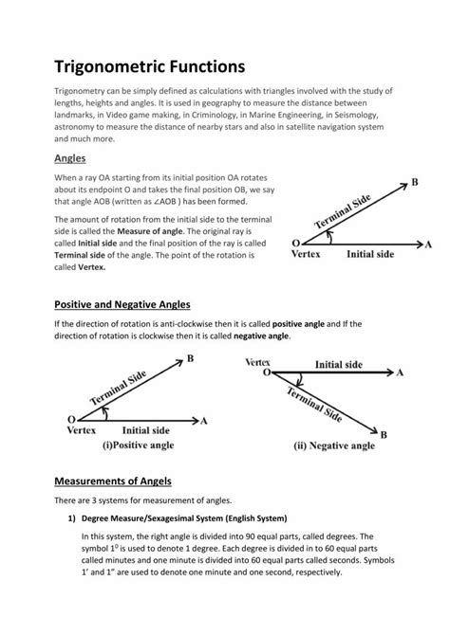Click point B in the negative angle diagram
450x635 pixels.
384,433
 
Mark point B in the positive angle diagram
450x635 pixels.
190,358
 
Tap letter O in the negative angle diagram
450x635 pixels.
267,373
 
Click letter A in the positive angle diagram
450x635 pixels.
204,419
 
